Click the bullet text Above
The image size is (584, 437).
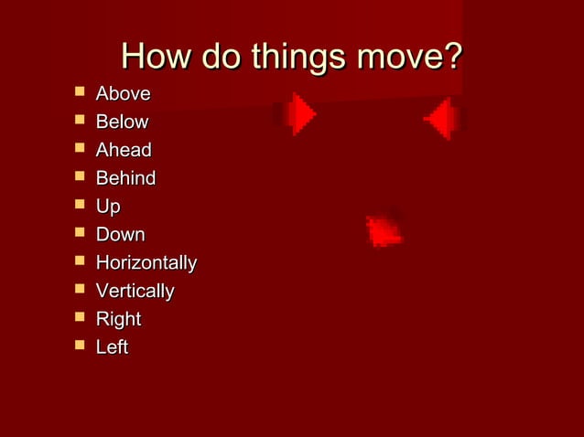[124, 94]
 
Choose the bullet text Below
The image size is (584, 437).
[122, 123]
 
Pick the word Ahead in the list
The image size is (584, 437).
[124, 150]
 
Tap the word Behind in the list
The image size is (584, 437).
[125, 178]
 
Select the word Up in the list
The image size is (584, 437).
[108, 207]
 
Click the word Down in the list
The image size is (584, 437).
[120, 235]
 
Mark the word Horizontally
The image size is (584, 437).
[146, 263]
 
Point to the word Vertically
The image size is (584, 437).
[135, 292]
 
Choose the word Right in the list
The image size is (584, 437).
[118, 320]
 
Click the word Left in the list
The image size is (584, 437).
[112, 347]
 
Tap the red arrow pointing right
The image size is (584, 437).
[299, 114]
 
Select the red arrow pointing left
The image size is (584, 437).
[442, 118]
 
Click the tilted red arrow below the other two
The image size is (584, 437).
[384, 231]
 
